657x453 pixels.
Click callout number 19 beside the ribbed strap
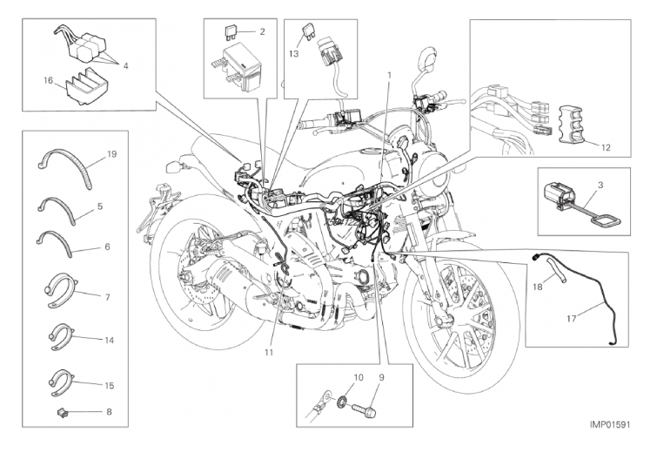[x=112, y=154]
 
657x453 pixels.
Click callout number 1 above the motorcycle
[x=389, y=74]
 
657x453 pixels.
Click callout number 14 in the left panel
[x=110, y=337]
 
